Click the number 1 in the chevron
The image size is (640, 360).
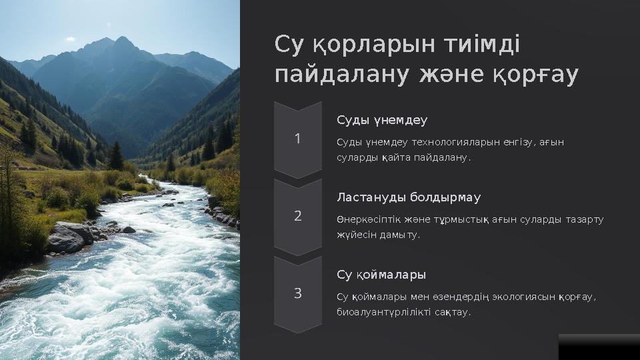point(298,139)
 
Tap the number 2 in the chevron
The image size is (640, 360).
point(298,216)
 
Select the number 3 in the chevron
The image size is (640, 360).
point(298,293)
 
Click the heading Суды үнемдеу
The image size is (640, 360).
point(382,121)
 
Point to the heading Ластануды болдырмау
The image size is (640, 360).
point(409,198)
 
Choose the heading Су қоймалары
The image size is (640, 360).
point(381,275)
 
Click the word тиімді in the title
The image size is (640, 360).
point(479,46)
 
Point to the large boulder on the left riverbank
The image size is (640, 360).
point(67,237)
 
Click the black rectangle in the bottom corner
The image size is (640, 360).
point(599,347)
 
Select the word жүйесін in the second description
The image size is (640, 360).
point(353,235)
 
